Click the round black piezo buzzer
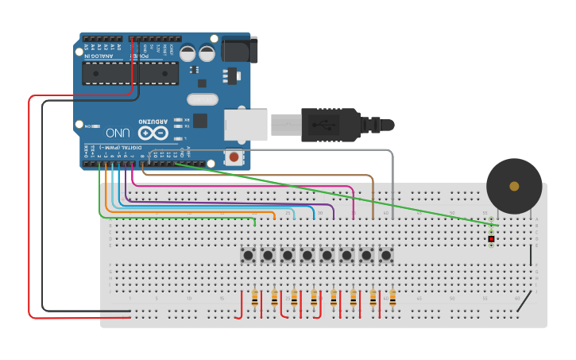click(514, 186)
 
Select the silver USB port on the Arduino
click(245, 126)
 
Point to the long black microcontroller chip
click(130, 73)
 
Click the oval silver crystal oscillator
click(203, 99)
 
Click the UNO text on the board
click(118, 133)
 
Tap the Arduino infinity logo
click(153, 132)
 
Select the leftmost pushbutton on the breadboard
click(248, 255)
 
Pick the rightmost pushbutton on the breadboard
click(386, 255)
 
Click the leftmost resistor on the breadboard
click(254, 299)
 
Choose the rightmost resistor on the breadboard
click(392, 299)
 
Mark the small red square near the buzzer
click(491, 238)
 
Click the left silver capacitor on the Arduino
click(187, 53)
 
